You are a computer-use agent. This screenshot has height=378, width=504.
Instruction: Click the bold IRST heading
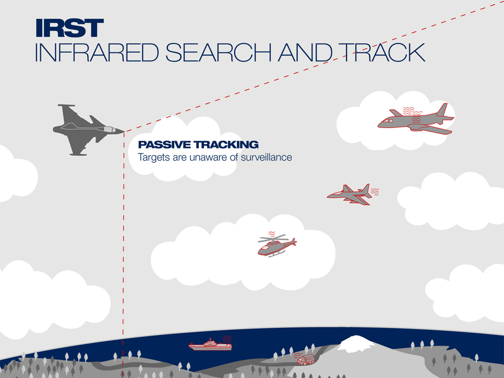click(70, 28)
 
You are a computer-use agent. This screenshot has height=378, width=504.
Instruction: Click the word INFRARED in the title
click(97, 52)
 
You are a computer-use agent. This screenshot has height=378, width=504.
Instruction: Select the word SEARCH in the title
click(218, 52)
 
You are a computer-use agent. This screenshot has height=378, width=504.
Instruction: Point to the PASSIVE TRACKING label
click(198, 144)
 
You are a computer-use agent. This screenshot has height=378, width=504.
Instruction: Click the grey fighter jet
click(88, 130)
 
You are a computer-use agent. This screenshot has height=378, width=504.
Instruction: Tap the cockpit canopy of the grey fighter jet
click(109, 129)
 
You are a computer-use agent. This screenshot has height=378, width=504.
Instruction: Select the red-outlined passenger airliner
click(416, 120)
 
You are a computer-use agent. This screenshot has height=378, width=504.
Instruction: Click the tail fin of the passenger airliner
click(442, 110)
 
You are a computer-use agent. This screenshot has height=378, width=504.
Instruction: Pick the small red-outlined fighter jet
click(350, 194)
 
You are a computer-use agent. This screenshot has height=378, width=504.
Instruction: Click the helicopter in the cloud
click(277, 246)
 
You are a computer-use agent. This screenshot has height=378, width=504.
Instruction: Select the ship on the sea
click(210, 345)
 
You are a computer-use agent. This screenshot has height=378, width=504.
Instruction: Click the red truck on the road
click(306, 359)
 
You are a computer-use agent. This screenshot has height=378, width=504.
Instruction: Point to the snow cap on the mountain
click(355, 343)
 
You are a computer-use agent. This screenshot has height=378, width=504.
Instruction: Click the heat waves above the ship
click(227, 339)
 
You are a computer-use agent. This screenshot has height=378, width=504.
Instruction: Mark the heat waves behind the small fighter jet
click(375, 192)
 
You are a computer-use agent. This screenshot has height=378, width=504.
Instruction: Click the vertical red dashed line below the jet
click(123, 254)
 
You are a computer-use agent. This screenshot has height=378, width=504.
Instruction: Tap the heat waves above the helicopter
click(272, 234)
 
